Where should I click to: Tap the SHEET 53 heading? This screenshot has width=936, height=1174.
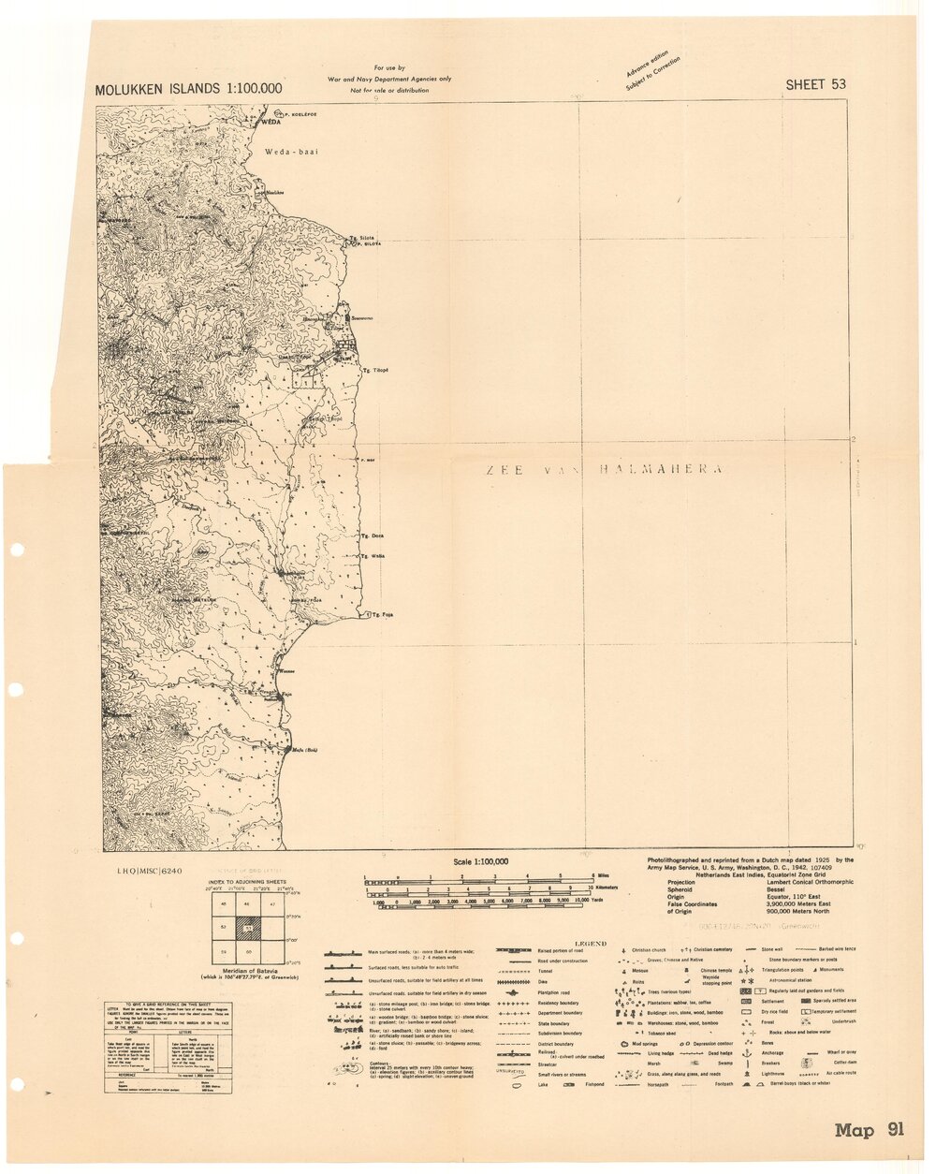(815, 84)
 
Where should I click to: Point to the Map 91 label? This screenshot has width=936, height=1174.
(870, 1131)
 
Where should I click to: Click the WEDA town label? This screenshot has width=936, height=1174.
(271, 123)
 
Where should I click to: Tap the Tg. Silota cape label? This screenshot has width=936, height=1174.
(361, 238)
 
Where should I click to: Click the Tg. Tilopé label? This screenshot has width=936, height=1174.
(375, 371)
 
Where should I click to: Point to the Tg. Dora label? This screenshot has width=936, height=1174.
(373, 536)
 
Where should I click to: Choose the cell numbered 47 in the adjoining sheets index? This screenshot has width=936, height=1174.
(271, 905)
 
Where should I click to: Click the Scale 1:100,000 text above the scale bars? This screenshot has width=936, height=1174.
(480, 861)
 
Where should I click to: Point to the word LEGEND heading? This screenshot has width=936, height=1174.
(590, 944)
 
